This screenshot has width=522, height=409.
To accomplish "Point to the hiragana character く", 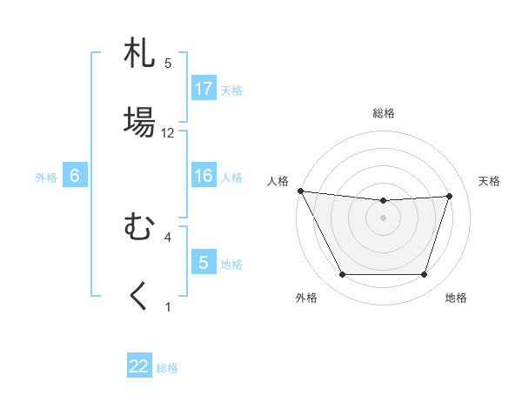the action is (140, 296).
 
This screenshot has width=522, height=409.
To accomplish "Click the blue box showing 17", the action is (204, 89).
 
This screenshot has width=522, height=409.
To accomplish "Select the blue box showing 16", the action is (204, 176).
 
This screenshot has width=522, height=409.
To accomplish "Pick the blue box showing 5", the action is (204, 263).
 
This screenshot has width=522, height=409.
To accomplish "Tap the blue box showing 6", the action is (75, 176).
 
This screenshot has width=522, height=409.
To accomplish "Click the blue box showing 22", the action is (139, 366).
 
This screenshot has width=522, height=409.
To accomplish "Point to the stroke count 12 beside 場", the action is (168, 133).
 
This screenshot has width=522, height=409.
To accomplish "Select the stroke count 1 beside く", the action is (168, 306).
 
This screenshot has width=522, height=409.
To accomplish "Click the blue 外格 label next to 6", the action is (46, 178).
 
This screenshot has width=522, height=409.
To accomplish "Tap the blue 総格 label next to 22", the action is (167, 368).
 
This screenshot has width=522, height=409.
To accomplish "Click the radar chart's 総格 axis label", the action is (383, 113).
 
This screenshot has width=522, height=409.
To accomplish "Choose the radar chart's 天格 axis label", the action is (490, 181).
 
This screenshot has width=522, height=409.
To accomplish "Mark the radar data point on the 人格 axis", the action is (300, 191).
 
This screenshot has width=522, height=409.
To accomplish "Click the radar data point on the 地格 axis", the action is (425, 275).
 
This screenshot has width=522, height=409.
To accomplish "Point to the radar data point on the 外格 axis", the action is (342, 275).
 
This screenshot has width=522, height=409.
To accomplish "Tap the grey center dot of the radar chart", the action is (383, 218).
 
